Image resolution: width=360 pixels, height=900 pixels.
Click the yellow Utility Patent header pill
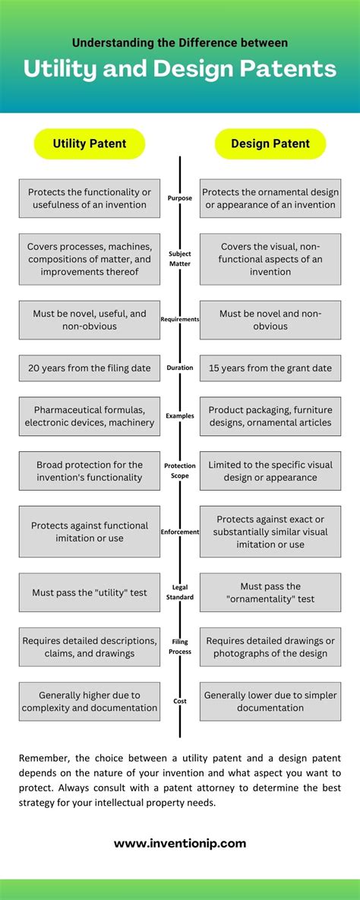click(x=89, y=144)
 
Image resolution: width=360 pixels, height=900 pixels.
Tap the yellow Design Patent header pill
click(x=270, y=144)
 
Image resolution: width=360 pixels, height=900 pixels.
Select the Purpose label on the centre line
click(x=180, y=198)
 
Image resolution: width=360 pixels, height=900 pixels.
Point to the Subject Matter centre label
click(x=180, y=259)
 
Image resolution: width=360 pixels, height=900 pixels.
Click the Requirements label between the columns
click(x=180, y=319)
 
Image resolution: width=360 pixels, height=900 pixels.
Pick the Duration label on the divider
click(x=180, y=368)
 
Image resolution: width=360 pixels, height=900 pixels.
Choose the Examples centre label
click(x=180, y=416)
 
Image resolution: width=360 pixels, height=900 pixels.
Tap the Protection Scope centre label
click(x=180, y=471)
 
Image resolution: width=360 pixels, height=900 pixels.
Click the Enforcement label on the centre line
click(x=180, y=532)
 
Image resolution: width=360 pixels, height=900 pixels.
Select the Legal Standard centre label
click(x=180, y=592)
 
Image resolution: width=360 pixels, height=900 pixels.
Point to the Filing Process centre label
click(x=180, y=647)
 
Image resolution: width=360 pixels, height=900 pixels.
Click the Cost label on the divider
click(x=180, y=702)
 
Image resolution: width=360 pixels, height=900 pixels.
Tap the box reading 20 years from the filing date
click(x=90, y=368)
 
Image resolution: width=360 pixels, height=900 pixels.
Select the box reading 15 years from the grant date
click(x=270, y=368)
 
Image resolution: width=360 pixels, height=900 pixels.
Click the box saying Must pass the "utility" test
click(x=90, y=592)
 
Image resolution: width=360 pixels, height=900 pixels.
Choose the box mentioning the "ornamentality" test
click(x=270, y=592)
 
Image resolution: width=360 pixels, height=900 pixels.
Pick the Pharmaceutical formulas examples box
click(x=90, y=416)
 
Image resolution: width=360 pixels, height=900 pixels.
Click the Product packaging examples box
click(x=270, y=416)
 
